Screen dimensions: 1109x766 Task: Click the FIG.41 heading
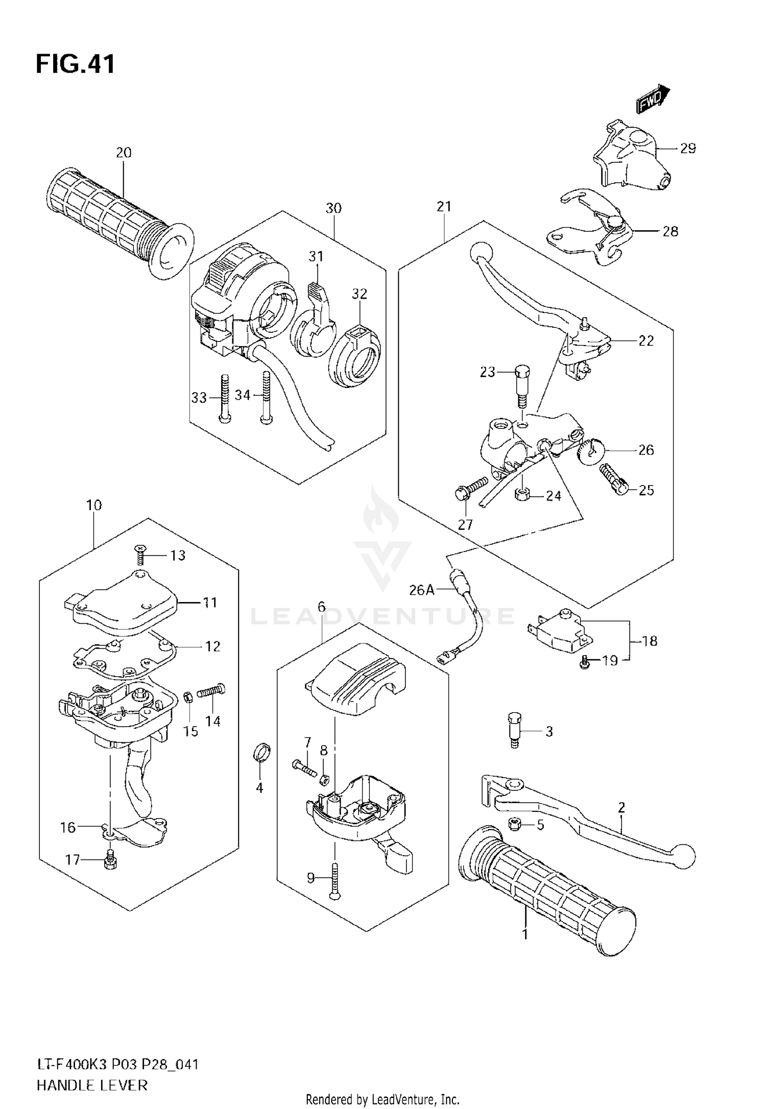point(75,65)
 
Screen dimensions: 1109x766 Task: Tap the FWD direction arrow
point(653,99)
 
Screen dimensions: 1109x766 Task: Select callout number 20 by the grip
point(123,153)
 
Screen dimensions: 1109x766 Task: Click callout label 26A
point(421,590)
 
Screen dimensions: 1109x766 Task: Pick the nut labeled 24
point(522,494)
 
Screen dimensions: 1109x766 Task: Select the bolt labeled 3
point(514,731)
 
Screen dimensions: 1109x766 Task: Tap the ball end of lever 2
point(683,853)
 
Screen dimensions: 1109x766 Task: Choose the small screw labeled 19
point(586,663)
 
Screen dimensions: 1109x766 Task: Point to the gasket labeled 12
point(125,659)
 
